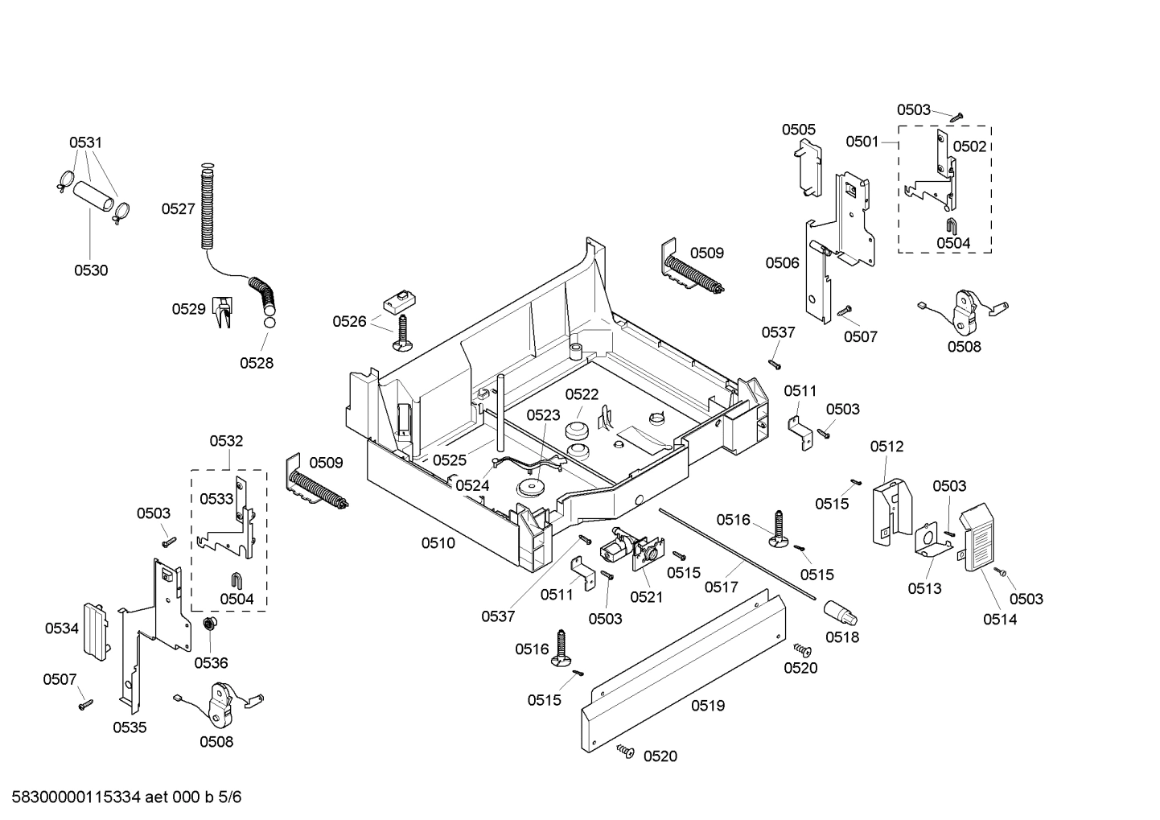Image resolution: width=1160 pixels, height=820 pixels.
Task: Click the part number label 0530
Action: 91,270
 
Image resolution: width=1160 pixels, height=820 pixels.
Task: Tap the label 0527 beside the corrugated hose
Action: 178,209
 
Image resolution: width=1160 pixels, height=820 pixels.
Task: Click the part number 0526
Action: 350,322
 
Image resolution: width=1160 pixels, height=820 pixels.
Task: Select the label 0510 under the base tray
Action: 438,543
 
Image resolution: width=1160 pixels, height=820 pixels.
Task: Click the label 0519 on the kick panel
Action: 707,706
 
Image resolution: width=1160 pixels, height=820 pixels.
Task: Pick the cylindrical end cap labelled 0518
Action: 840,616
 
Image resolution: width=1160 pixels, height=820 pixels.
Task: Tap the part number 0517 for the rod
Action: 722,587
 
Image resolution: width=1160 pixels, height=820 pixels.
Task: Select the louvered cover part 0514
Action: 981,538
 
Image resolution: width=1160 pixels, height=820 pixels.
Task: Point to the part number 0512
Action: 886,447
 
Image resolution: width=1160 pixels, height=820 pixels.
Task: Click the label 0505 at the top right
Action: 798,130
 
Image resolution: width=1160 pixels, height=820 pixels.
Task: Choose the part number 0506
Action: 782,262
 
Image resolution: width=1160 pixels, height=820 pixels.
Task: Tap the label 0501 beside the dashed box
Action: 862,142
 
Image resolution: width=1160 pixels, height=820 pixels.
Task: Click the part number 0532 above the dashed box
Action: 226,441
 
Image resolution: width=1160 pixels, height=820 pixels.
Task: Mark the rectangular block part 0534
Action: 96,630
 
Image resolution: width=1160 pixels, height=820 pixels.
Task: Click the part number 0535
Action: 130,727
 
